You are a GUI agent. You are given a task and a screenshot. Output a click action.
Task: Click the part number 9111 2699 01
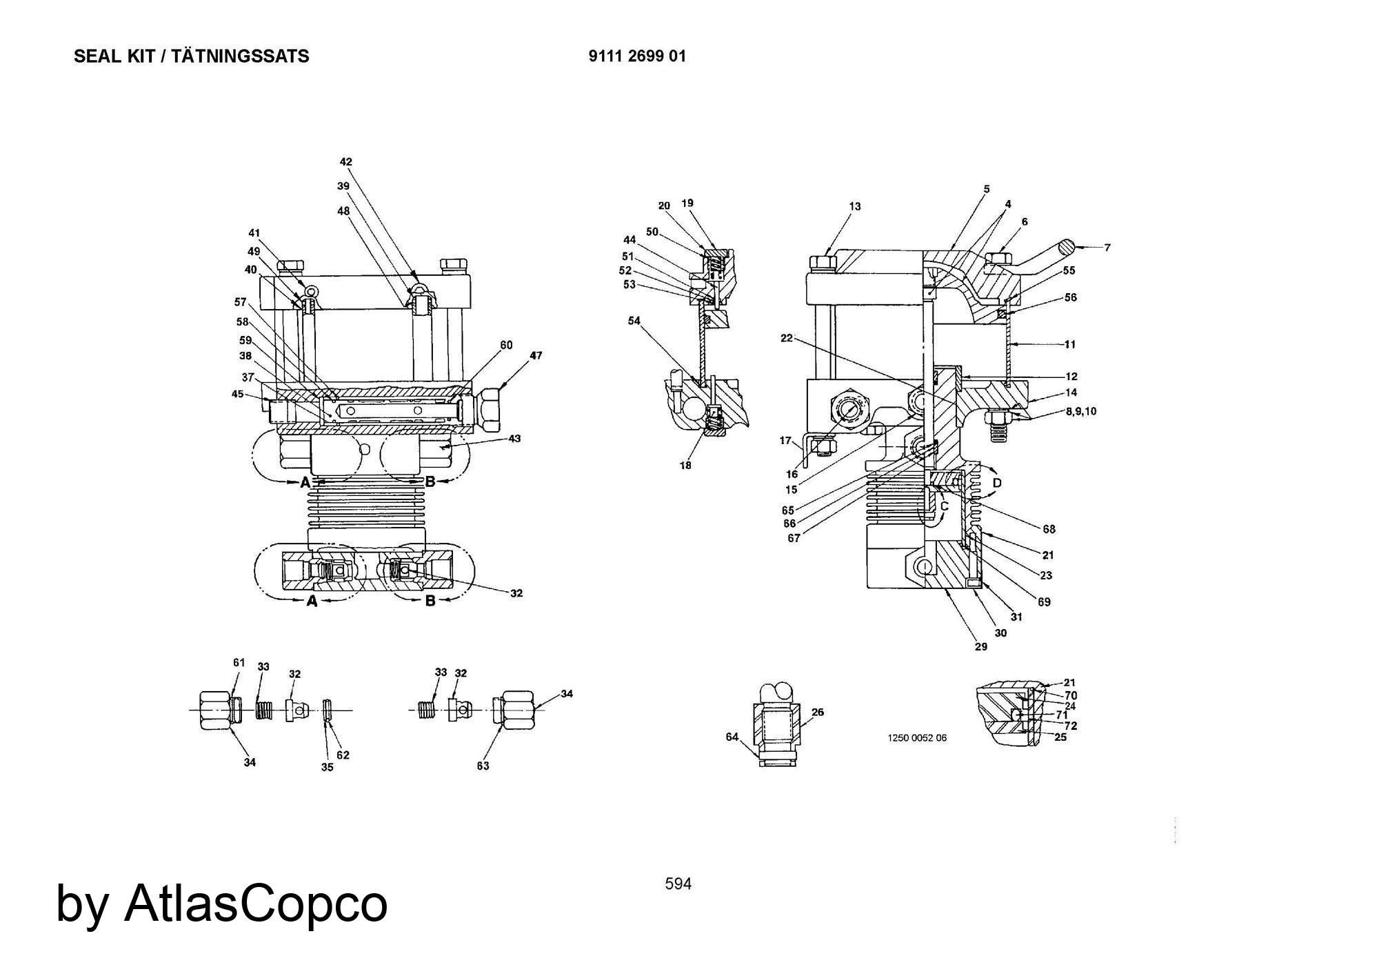(637, 57)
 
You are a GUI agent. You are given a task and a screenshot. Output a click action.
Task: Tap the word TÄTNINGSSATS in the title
(240, 57)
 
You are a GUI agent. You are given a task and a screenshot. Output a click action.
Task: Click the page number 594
(678, 884)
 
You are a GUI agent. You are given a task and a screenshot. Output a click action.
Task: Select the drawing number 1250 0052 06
(916, 738)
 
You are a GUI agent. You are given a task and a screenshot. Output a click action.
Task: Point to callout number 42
(345, 162)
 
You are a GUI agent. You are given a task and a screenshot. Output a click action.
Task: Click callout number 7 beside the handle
(1107, 247)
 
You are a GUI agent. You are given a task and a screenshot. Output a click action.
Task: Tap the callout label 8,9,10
(1080, 412)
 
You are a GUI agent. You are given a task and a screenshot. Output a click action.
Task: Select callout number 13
(855, 206)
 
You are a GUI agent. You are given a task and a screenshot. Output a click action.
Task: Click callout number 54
(634, 321)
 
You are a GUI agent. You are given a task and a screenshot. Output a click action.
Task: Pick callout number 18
(685, 466)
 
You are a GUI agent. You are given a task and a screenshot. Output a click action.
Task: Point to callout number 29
(980, 646)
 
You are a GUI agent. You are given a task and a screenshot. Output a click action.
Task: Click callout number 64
(732, 737)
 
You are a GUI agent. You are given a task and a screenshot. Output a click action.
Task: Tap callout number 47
(536, 355)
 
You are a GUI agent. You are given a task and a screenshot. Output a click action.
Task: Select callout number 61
(239, 663)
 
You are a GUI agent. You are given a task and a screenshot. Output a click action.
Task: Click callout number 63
(483, 766)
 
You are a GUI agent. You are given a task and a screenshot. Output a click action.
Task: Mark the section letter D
(997, 484)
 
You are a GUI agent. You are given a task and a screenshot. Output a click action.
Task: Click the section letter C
(944, 506)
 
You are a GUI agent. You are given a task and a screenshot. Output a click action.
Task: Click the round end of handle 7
(1067, 246)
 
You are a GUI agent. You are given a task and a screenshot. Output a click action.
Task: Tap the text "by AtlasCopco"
(221, 904)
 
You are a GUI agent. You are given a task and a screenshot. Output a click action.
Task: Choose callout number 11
(1069, 344)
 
